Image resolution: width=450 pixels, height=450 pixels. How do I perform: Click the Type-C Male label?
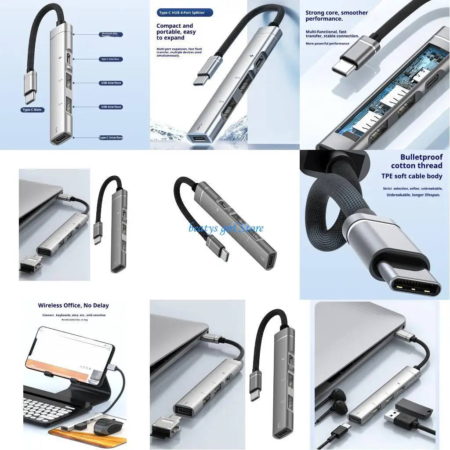point(33,109)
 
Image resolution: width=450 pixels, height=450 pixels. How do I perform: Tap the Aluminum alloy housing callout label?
point(111,34)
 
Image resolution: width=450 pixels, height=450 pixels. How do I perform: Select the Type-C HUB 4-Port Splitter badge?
point(185,13)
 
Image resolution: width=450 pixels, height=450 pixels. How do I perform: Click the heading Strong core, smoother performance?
point(337,16)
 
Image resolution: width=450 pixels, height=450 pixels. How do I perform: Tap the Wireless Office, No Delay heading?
point(73,305)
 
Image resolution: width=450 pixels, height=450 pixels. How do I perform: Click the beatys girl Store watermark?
point(226,228)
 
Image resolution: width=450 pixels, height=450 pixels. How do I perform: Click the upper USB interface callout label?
point(111,83)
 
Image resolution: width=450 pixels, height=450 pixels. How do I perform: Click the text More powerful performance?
point(327,44)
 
